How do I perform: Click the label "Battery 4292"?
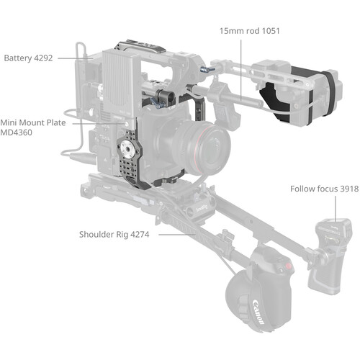click(x=28, y=58)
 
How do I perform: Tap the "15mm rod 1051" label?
click(x=250, y=31)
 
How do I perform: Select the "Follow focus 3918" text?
click(x=325, y=189)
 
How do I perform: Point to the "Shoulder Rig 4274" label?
click(x=114, y=235)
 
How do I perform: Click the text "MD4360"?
click(x=16, y=132)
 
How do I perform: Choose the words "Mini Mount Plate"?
click(x=33, y=122)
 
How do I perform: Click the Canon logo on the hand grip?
click(x=258, y=311)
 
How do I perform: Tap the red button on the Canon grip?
click(x=289, y=266)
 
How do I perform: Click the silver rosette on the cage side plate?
click(x=127, y=149)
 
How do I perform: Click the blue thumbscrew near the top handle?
click(x=207, y=70)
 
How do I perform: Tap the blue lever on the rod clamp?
click(x=156, y=103)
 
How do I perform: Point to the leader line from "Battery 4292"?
click(x=76, y=58)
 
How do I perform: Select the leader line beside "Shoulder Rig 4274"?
click(x=177, y=235)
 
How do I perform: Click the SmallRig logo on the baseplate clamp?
click(x=202, y=208)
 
